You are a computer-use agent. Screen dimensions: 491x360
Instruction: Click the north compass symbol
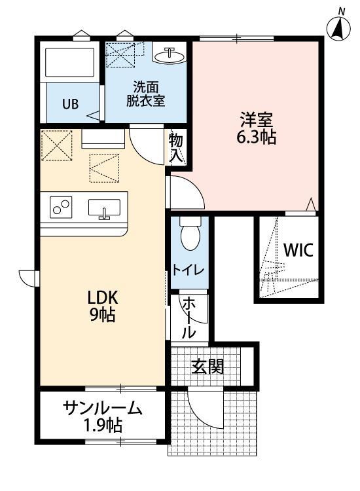338,27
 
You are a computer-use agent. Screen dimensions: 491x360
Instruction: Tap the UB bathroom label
70,103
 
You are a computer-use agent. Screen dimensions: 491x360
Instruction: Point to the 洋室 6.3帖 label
256,128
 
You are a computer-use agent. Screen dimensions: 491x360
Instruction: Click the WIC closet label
298,249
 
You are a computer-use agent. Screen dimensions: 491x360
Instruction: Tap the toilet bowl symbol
189,236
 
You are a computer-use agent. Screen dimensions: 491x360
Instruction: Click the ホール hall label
189,317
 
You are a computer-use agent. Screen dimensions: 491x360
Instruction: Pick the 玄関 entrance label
207,367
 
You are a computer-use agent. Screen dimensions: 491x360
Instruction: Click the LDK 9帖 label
103,306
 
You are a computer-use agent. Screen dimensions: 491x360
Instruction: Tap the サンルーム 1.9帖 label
103,417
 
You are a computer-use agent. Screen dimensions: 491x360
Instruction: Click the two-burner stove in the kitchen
62,208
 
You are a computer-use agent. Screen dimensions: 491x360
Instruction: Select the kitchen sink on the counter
104,208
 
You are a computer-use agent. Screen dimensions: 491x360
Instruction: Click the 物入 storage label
177,147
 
